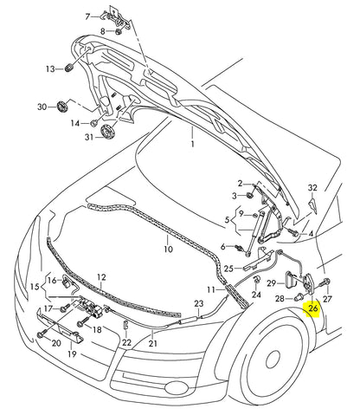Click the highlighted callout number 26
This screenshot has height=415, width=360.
pyautogui.click(x=314, y=307)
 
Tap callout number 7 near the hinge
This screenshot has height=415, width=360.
pyautogui.click(x=87, y=17)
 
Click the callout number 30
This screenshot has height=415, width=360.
pyautogui.click(x=42, y=107)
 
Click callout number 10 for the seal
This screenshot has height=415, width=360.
pyautogui.click(x=169, y=250)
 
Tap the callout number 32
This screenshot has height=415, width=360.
pyautogui.click(x=312, y=188)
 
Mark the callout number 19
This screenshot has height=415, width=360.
pyautogui.click(x=72, y=354)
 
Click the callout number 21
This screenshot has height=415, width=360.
pyautogui.click(x=153, y=344)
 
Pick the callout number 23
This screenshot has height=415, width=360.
pyautogui.click(x=198, y=303)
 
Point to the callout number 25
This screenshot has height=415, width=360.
pyautogui.click(x=228, y=269)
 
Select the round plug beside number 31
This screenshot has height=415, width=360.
pyautogui.click(x=109, y=132)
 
